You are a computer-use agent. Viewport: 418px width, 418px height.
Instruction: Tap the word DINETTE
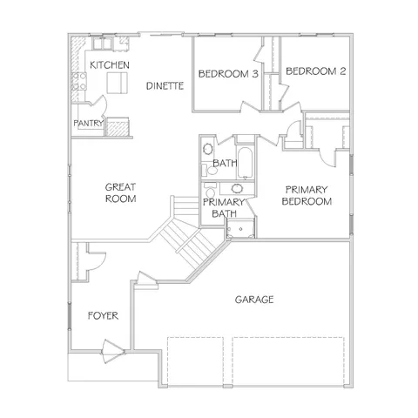[164, 85]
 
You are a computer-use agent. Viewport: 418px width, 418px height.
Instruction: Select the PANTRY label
[88, 124]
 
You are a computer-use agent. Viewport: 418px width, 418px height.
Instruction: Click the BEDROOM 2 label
[315, 71]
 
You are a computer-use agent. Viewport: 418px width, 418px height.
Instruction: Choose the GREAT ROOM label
[120, 192]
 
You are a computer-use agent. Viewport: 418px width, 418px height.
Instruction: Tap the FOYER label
[104, 315]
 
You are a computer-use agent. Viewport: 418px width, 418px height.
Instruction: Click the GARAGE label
[254, 300]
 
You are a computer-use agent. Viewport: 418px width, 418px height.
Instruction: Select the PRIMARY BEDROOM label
[307, 196]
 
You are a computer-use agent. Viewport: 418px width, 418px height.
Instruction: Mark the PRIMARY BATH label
[219, 208]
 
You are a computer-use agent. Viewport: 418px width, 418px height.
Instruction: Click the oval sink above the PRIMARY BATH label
[236, 188]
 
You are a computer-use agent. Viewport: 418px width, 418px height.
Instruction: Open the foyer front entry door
[111, 353]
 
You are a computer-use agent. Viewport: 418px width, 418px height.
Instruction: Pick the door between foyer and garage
[145, 280]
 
